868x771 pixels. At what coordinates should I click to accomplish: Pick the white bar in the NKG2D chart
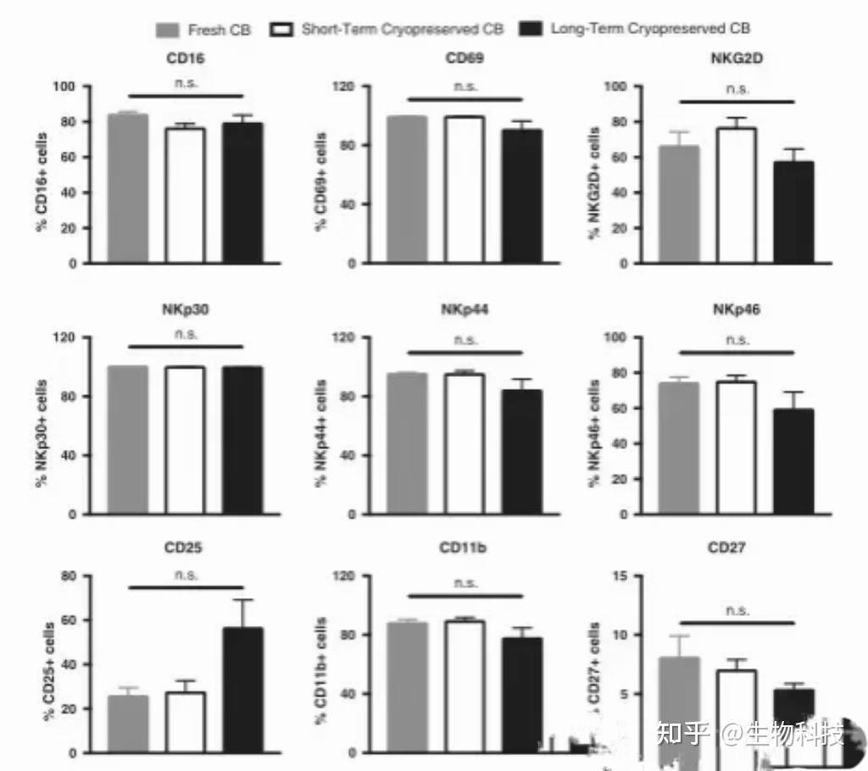pos(737,196)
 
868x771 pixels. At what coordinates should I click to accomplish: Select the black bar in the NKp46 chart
pos(793,462)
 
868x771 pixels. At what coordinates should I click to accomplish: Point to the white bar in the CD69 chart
pos(464,190)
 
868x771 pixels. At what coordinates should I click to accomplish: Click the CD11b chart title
pos(463,548)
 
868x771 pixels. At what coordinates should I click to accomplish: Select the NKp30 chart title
pos(185,309)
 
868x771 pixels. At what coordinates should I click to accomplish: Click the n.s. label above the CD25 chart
pos(186,574)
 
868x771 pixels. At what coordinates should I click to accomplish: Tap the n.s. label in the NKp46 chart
pos(737,340)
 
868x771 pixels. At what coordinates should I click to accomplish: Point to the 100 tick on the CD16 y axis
pos(64,86)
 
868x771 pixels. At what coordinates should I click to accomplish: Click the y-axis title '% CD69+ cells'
pos(321,175)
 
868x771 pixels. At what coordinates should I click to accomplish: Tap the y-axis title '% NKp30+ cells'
pos(43,425)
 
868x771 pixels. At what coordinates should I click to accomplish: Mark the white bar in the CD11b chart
pos(464,686)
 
